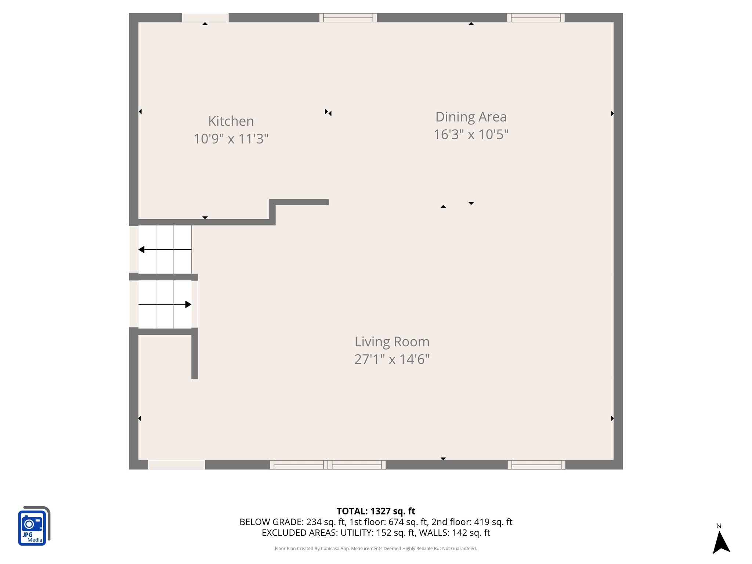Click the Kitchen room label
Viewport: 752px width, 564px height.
tap(231, 121)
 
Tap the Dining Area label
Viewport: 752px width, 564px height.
tap(471, 117)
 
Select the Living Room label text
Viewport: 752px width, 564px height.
tap(392, 341)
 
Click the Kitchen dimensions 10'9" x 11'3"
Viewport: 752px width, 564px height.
tap(231, 139)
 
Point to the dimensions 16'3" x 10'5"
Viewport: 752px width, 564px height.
tap(471, 134)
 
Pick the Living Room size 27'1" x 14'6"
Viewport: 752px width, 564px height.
tap(392, 359)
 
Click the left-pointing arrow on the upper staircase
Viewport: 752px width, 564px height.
tap(142, 250)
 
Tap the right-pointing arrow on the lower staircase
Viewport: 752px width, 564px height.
tap(188, 304)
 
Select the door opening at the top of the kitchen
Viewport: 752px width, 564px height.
tap(205, 18)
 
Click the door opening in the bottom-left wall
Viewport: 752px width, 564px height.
tap(176, 464)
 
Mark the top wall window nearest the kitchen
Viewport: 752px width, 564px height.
tap(348, 18)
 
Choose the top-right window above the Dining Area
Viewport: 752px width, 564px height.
tap(536, 18)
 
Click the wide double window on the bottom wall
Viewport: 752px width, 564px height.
tap(328, 464)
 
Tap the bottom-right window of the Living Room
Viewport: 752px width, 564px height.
tap(536, 464)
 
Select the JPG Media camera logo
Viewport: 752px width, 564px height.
tap(33, 526)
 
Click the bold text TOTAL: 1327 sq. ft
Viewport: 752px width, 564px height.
tap(376, 511)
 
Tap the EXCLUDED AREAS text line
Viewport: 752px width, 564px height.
tap(376, 532)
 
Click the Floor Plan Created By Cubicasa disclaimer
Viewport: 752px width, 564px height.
tap(376, 549)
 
